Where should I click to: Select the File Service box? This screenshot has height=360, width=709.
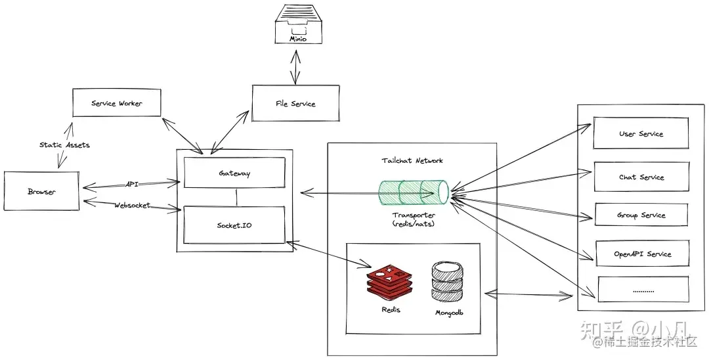pos(295,103)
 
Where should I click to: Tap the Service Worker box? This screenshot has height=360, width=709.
pos(116,103)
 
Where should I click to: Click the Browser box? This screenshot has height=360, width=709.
pos(41,191)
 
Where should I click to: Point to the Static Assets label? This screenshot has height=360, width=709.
pos(64,144)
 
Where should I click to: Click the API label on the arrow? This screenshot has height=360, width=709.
pos(131,185)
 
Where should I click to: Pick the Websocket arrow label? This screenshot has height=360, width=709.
pos(132,205)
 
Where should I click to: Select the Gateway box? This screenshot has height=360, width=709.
pos(234,173)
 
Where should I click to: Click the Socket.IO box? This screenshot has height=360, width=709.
pos(234,225)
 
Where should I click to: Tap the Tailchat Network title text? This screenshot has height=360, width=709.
pos(412,160)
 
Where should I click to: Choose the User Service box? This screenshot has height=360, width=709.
pos(641,133)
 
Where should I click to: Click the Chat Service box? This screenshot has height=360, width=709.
pos(641,177)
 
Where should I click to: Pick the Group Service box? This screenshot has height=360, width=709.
pos(641,215)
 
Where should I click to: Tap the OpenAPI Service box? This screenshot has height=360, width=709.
pos(642,254)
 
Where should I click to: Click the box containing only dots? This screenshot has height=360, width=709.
pos(643,289)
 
